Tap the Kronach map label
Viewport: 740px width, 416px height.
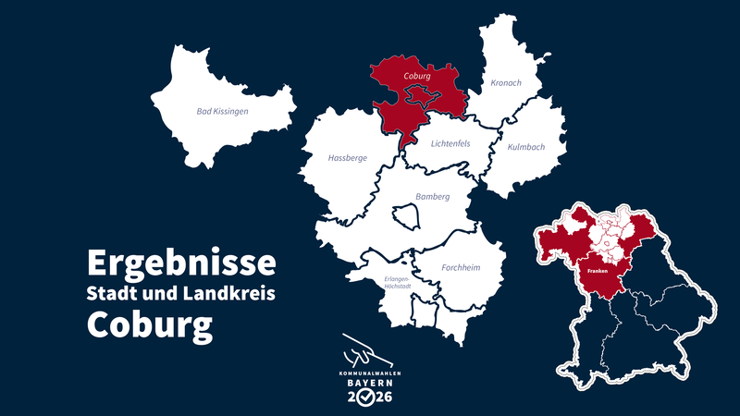coord(506,83)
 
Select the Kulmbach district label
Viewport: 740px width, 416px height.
coord(526,147)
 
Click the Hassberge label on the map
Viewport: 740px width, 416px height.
coord(348,158)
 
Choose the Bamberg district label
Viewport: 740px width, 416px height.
coord(432,196)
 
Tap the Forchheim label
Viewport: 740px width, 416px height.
coord(460,268)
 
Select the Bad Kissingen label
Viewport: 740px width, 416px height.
coord(223,111)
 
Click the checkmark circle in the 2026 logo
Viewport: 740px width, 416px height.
coord(367,398)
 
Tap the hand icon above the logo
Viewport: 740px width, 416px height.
coord(364,351)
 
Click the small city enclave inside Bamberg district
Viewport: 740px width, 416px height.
coord(406,217)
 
